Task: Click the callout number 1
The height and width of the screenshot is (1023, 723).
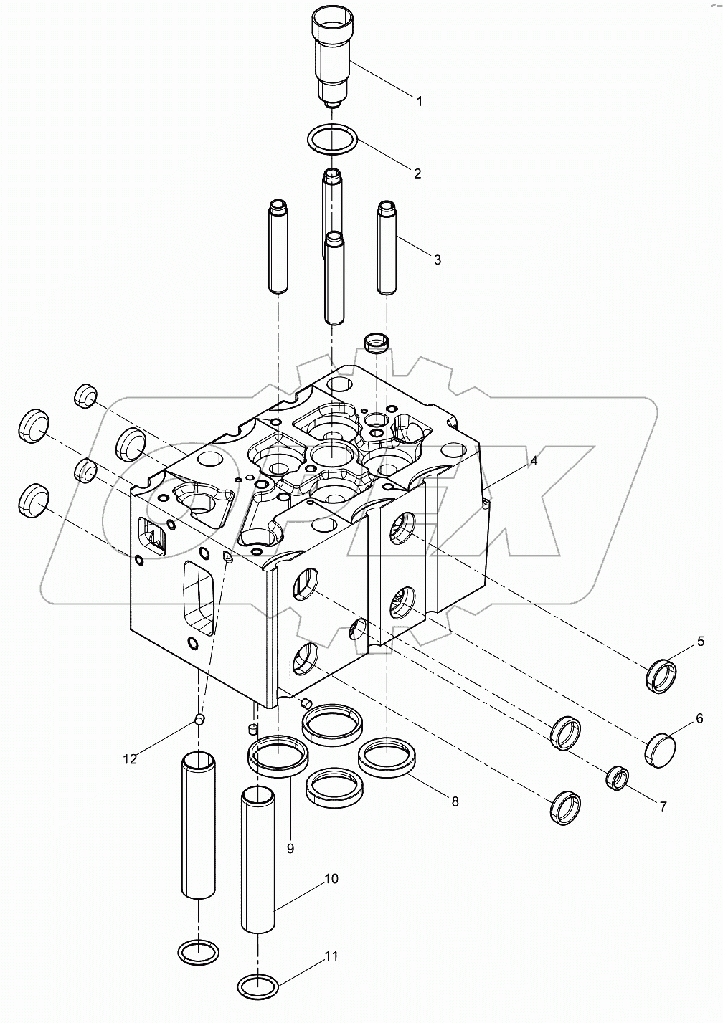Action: (420, 101)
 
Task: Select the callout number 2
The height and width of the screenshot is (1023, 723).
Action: (416, 173)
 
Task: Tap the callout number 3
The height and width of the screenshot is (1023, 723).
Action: (437, 260)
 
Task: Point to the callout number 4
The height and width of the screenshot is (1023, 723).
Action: (534, 462)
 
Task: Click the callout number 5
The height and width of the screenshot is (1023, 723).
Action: (701, 642)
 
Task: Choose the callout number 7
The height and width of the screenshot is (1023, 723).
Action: (661, 806)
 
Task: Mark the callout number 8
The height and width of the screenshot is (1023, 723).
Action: (455, 801)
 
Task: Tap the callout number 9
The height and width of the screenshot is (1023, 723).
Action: (290, 848)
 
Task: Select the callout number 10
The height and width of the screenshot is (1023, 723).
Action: (331, 879)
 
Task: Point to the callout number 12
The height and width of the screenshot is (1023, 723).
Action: (129, 758)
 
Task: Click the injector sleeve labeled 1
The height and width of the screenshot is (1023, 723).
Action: (331, 57)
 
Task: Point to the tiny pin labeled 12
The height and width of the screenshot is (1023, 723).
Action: (201, 719)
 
